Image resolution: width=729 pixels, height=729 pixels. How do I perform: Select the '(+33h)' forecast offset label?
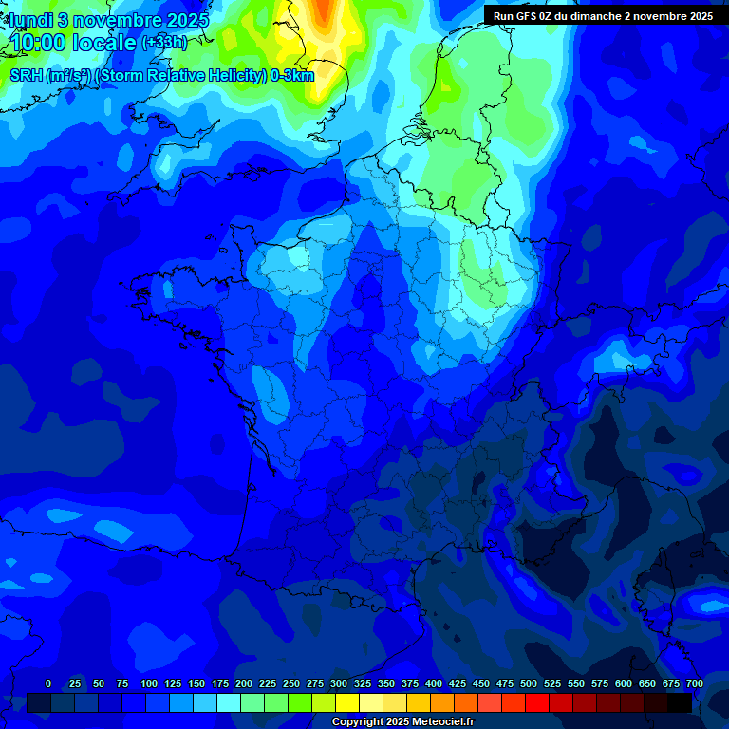164,43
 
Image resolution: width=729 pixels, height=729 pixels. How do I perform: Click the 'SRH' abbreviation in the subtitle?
27,76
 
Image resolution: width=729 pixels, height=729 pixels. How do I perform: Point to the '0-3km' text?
292,76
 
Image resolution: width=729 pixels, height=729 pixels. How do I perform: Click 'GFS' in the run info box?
530,16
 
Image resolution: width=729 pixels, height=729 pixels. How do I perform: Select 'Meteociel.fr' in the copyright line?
443,722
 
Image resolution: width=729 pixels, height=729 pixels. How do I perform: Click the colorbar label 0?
48,684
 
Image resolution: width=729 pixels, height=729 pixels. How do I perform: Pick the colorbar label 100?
149,684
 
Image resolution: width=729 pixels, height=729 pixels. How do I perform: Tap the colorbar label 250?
291,684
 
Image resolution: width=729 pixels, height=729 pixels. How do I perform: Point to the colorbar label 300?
339,684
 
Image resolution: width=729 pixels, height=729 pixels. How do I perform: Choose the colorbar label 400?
434,684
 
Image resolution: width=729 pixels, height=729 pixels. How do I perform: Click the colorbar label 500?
529,684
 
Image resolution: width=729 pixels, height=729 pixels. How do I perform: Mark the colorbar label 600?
624,684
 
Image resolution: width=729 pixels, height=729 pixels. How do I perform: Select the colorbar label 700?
694,684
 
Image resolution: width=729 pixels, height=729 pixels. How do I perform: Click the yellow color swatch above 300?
347,702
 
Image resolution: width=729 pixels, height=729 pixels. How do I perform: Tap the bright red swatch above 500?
537,702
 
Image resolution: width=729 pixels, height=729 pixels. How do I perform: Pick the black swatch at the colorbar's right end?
680,702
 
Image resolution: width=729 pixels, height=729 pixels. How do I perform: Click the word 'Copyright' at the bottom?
356,722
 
